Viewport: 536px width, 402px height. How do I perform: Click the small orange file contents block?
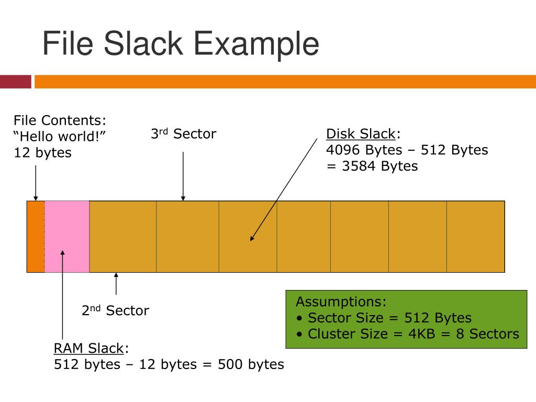(36, 236)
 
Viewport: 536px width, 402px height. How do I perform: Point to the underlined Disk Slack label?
(361, 134)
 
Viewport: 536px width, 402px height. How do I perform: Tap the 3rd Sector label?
(183, 134)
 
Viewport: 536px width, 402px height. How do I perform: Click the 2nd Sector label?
(115, 311)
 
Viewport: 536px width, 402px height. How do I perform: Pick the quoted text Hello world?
(60, 137)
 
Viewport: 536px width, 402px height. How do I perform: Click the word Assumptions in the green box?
(341, 302)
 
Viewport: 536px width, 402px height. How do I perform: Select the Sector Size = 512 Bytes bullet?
(385, 318)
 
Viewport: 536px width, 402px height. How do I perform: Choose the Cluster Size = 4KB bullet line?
(408, 334)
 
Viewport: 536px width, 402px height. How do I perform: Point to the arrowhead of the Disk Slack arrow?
(252, 238)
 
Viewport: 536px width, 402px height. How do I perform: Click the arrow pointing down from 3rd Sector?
(183, 176)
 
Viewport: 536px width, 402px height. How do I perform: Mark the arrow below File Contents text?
(36, 183)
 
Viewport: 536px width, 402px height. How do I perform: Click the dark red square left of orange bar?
(15, 82)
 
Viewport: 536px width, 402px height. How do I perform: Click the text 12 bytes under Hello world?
(42, 153)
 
